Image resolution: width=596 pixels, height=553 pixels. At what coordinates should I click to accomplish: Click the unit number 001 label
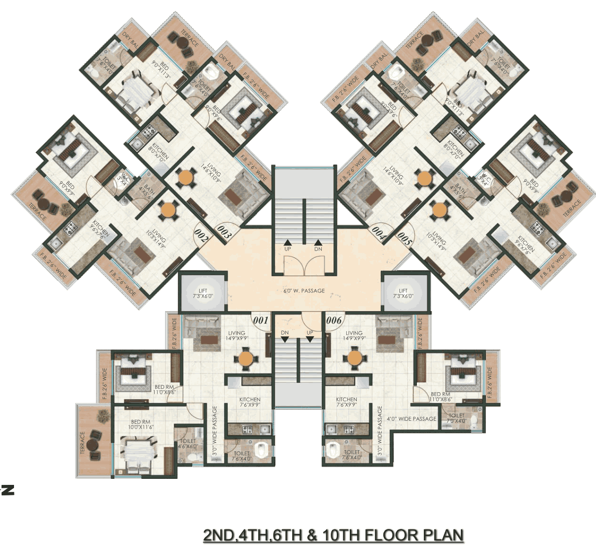click(261, 320)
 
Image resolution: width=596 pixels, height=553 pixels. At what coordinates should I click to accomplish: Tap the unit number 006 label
click(334, 320)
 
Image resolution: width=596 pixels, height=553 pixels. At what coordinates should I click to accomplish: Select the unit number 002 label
click(201, 235)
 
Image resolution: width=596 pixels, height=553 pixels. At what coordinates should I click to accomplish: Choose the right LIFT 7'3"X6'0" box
click(403, 294)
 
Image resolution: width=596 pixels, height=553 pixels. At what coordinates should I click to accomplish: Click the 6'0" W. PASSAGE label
click(304, 291)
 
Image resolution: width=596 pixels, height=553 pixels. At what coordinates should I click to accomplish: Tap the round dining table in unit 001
click(246, 359)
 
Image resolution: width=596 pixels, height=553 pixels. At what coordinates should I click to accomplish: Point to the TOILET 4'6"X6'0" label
click(188, 444)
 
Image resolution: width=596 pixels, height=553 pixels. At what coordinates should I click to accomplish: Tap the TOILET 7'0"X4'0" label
click(456, 418)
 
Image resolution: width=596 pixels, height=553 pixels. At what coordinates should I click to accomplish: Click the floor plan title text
click(333, 535)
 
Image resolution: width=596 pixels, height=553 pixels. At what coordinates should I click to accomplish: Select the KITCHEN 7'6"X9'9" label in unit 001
click(249, 402)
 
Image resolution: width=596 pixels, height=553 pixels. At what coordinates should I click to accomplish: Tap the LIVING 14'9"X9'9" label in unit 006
click(354, 336)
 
